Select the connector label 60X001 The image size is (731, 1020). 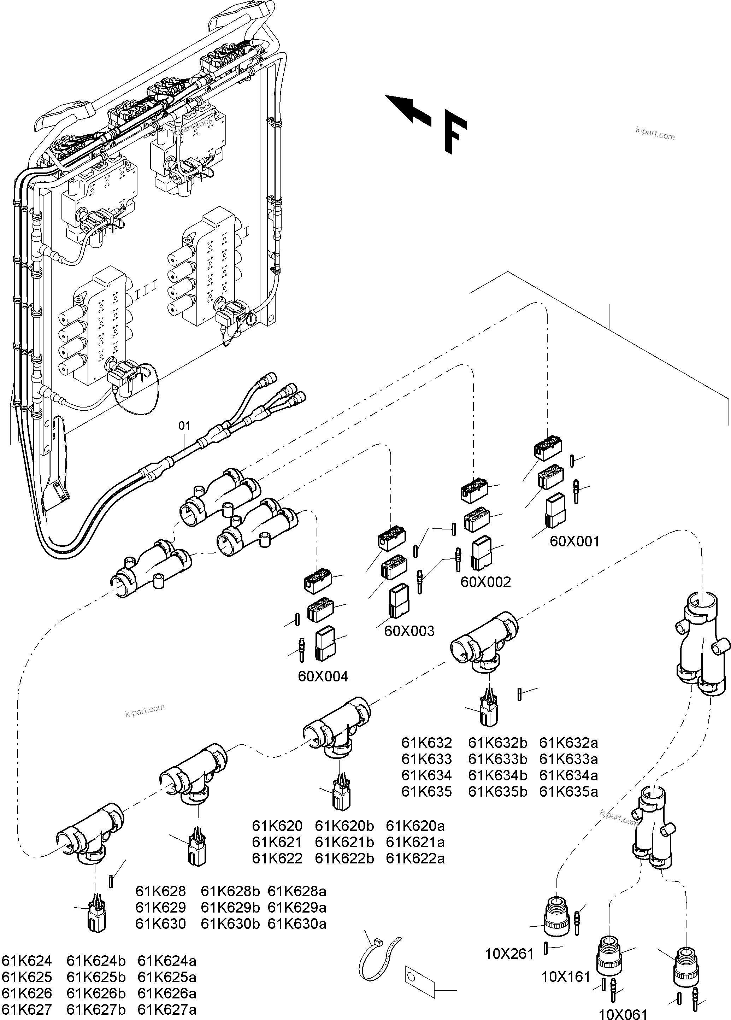[x=574, y=541]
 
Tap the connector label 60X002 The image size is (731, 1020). [x=485, y=582]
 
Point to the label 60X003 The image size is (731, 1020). [x=409, y=631]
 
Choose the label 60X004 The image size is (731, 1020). [x=323, y=676]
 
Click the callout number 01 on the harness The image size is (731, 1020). [x=185, y=426]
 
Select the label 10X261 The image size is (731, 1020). [x=509, y=954]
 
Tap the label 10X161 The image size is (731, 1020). [x=566, y=977]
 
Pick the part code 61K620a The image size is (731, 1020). [x=415, y=826]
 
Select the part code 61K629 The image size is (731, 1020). [x=160, y=908]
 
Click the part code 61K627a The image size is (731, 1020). [x=167, y=1010]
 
